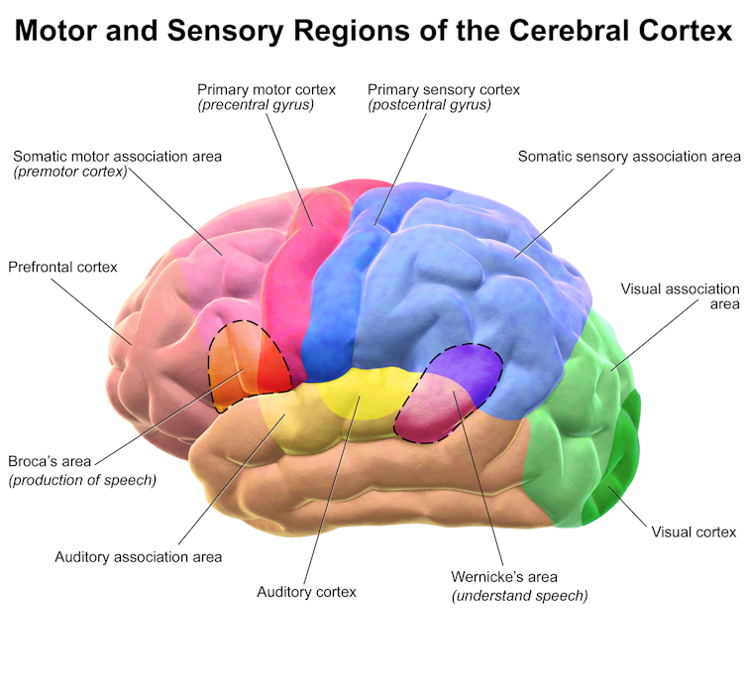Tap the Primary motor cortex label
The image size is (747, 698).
[x=267, y=89]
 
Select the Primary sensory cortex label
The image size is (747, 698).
[x=443, y=89]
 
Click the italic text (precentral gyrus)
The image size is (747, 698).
[x=256, y=104]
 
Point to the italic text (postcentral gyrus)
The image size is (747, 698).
[x=429, y=104]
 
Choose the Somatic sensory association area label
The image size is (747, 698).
[x=629, y=157]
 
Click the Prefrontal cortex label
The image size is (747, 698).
[x=62, y=267]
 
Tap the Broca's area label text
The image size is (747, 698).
[x=50, y=461]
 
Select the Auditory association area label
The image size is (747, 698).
[x=138, y=556]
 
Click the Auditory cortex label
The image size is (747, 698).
[x=306, y=592]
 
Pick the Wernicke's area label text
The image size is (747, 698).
[x=504, y=577]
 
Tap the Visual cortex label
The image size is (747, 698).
[x=694, y=531]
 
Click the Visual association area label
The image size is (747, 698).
[x=680, y=295]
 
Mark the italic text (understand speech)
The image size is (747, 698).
[x=519, y=596]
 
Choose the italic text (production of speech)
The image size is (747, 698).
[x=82, y=481]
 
